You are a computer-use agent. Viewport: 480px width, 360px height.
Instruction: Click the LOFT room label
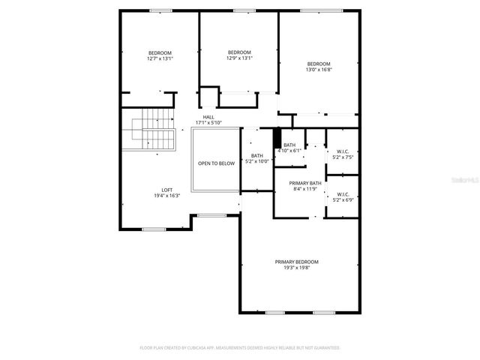coord(167,190)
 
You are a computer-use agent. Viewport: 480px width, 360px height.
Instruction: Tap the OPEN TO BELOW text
coord(216,163)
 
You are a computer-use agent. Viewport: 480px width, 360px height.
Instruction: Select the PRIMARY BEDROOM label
coord(296,262)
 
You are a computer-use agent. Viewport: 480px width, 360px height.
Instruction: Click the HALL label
coord(208,117)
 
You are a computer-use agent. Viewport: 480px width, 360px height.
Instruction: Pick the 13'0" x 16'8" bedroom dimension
coord(318,70)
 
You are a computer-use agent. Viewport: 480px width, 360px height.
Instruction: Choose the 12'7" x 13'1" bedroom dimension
coord(160,58)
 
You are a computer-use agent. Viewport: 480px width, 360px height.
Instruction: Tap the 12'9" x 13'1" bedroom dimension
coord(240,58)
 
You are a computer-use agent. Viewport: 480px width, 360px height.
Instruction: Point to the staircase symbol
coord(153,129)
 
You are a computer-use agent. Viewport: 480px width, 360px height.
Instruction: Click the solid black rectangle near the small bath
coord(277,138)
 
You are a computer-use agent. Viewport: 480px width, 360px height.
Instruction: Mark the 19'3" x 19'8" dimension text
coord(296,268)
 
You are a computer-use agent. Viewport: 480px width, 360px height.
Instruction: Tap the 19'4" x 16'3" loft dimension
coord(167,196)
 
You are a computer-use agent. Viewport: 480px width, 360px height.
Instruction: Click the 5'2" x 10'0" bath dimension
coord(256,161)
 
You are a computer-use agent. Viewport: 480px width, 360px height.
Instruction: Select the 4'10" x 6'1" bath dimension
coord(289,151)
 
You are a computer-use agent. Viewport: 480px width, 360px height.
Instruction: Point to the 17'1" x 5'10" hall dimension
coord(208,123)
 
